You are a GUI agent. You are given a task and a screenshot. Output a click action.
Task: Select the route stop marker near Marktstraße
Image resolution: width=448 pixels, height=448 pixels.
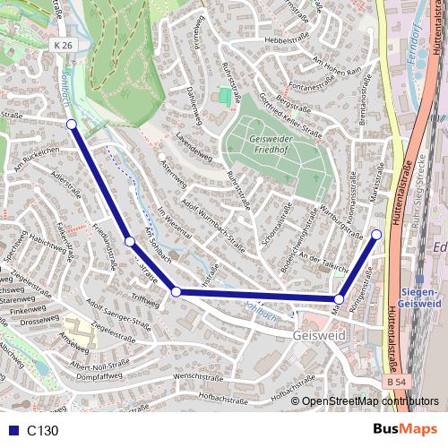point(376,235)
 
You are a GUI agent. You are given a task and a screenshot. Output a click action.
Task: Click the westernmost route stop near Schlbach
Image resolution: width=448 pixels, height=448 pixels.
point(72,125)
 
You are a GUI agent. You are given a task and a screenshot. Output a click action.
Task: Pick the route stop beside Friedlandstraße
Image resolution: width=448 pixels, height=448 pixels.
point(130,241)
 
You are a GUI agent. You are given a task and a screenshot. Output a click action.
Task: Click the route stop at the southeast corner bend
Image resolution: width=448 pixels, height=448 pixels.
point(339,299)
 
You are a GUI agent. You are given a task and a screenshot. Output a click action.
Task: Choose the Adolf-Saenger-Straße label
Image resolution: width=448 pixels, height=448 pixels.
point(122,317)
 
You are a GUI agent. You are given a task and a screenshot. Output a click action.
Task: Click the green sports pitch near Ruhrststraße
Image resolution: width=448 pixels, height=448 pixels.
point(223,94)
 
